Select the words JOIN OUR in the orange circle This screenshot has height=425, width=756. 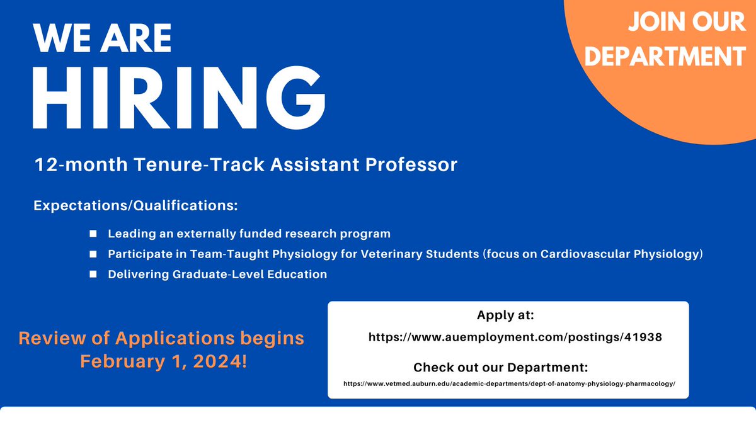685,23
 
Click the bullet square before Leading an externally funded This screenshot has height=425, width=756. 93,234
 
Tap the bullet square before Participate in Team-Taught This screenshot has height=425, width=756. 93,254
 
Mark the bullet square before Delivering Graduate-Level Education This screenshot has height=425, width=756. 93,274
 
